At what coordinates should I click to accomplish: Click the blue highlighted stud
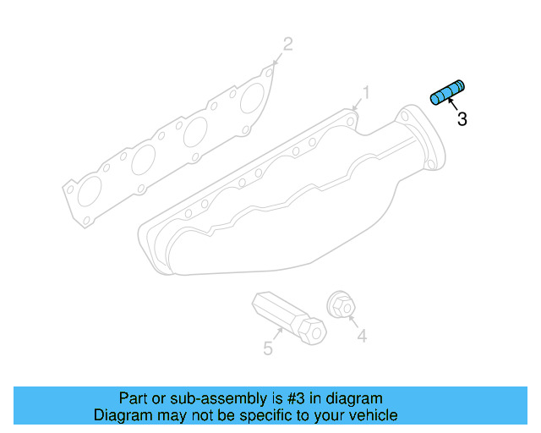coord(447,92)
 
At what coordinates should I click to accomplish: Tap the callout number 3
coord(462,120)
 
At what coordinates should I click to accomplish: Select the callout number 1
coord(367,91)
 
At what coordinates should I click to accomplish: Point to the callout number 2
coord(287,43)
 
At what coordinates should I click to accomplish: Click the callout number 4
coord(361,337)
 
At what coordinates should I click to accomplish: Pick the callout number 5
coord(267,348)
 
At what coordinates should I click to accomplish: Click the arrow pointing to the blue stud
coord(452,105)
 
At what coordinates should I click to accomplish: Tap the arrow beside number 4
coord(352,322)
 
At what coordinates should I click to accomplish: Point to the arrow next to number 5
coord(276,336)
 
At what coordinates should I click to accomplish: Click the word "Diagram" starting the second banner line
coord(122,415)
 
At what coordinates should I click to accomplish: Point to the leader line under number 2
coord(279,56)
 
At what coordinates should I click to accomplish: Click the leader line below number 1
coord(359,103)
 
